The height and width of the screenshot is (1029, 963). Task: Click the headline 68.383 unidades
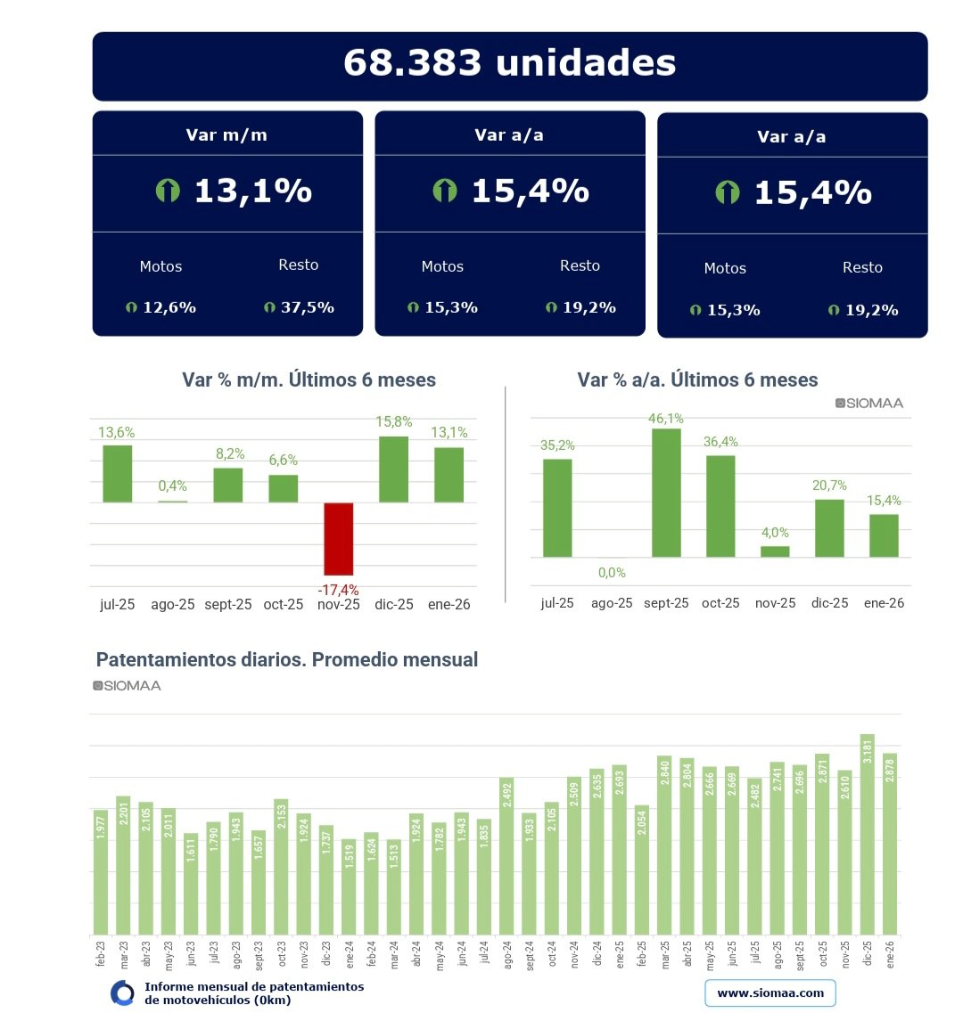509,63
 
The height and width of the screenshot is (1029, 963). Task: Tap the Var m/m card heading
226,135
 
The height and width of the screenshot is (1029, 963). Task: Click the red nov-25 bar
339,538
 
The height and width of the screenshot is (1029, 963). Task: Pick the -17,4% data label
339,590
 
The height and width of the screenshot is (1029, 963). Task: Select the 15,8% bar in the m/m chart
394,470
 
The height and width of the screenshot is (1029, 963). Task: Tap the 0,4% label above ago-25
173,486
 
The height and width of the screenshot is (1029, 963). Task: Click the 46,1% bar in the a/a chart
666,493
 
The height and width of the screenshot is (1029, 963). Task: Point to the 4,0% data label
775,533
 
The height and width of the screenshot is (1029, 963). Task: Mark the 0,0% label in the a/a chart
612,573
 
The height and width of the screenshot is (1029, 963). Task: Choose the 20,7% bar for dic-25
829,528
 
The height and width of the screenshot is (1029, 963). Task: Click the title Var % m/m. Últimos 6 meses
309,380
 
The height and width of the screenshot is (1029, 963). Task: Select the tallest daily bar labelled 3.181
868,834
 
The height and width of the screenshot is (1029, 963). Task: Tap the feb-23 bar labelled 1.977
101,872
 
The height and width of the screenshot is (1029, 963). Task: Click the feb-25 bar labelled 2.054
642,870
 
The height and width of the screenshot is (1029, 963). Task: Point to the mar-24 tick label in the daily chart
394,954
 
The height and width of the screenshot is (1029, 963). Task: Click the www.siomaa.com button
770,993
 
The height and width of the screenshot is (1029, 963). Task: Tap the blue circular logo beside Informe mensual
122,993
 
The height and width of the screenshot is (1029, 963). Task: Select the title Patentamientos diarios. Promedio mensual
287,660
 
